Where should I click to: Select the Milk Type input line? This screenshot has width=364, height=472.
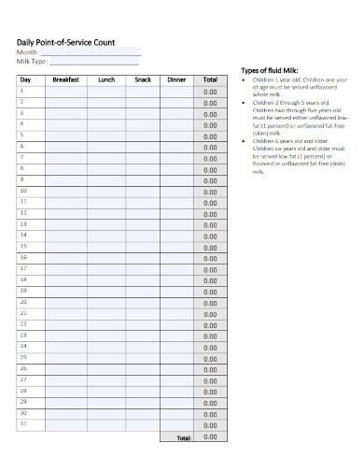pos(97,62)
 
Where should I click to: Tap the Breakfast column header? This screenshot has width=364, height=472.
pos(67,80)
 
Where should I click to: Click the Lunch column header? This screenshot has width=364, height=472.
pos(106,80)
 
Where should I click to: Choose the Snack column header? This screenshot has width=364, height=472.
pos(142,80)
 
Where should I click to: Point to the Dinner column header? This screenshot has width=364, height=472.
pos(176,80)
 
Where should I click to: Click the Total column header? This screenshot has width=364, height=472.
pos(209,80)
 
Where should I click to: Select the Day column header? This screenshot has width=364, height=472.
pos(26,80)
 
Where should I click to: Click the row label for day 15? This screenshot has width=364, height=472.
pos(24,257)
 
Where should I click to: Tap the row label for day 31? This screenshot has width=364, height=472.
pos(24,423)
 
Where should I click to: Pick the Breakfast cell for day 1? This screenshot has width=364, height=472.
pos(67,92)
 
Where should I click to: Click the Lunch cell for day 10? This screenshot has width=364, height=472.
pos(106,191)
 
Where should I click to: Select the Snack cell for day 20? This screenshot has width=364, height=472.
pos(142,303)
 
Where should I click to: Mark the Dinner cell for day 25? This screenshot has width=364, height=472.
pos(176,357)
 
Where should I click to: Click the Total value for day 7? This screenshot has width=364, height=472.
pos(209,158)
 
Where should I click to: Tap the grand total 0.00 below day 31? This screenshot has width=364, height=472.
pos(209,436)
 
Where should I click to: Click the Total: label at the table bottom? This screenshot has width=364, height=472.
pos(182,437)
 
